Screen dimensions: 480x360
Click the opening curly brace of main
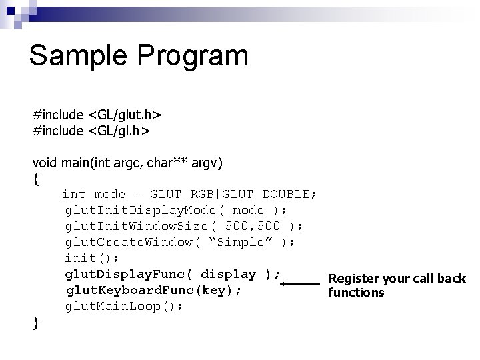click(36, 178)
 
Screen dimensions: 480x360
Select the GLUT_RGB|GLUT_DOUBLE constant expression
click(233, 194)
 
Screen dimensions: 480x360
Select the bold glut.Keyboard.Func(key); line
click(153, 291)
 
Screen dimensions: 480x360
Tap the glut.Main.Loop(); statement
click(123, 307)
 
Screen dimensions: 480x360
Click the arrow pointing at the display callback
click(300, 284)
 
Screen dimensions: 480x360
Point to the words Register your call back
click(397, 278)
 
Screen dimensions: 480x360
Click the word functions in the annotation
click(357, 293)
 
